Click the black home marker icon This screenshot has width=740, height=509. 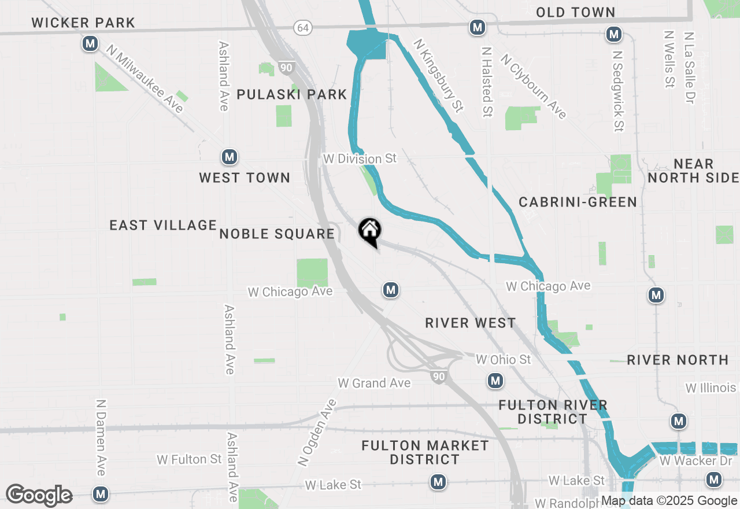pos(370,232)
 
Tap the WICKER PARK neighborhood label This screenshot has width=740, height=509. pos(83,23)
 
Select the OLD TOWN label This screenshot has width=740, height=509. pos(575,12)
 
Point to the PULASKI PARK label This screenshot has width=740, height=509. pos(292,94)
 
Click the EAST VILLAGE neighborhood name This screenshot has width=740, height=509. pos(163,225)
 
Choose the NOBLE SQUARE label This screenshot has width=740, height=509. pos(277,234)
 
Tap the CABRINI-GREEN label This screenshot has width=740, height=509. pos(578,202)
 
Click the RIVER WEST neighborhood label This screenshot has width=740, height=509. pos(471,323)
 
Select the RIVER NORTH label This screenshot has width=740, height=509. pos(678,360)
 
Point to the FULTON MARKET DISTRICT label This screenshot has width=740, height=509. pos(425,452)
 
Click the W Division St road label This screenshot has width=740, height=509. pos(360,158)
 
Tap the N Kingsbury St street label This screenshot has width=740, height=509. pos(439,75)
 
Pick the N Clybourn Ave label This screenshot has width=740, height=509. pos(534,87)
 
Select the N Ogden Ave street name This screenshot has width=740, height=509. pos(316,433)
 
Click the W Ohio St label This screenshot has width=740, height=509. pos(503,360)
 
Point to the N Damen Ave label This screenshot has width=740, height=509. pos(101,437)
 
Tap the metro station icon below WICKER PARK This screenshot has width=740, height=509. pos(90,43)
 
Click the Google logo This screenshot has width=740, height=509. pos(39,495)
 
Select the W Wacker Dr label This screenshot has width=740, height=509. pos(689,461)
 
